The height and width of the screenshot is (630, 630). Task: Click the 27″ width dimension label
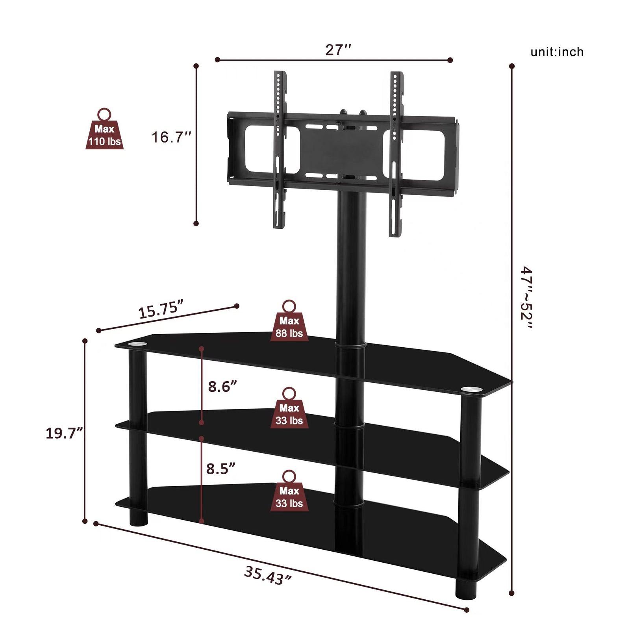pyautogui.click(x=338, y=50)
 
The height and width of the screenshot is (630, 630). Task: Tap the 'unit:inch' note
pyautogui.click(x=557, y=52)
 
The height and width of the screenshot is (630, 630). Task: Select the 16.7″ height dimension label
pyautogui.click(x=171, y=137)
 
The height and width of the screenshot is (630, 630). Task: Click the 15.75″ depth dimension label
pyautogui.click(x=161, y=309)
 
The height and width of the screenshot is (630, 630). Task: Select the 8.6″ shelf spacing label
pyautogui.click(x=222, y=387)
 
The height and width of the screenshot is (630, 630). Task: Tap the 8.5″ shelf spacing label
pyautogui.click(x=220, y=469)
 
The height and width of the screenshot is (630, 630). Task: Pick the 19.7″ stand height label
pyautogui.click(x=64, y=433)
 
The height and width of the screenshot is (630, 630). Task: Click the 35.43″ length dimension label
pyautogui.click(x=268, y=575)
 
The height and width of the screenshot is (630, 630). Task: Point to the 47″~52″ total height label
pyautogui.click(x=526, y=298)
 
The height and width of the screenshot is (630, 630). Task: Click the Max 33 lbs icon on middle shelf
pyautogui.click(x=289, y=411)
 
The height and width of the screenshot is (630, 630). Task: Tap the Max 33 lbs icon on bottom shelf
pyautogui.click(x=289, y=494)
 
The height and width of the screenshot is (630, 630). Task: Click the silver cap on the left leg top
pyautogui.click(x=137, y=345)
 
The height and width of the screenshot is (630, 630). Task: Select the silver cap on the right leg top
pyautogui.click(x=471, y=389)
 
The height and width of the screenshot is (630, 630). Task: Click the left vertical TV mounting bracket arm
pyautogui.click(x=279, y=150)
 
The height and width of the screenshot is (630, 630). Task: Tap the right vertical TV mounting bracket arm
pyautogui.click(x=395, y=154)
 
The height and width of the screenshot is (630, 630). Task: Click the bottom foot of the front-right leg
pyautogui.click(x=466, y=590)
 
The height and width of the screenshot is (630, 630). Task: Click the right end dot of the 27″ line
pyautogui.click(x=450, y=60)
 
